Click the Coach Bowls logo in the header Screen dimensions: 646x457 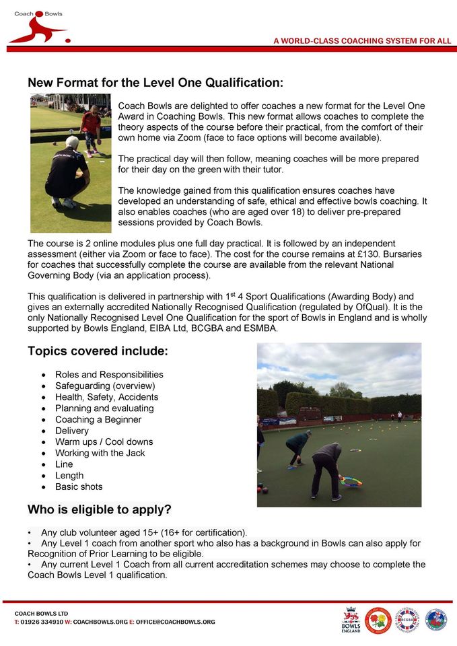click(x=38, y=27)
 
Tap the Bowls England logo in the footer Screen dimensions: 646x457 click(x=351, y=620)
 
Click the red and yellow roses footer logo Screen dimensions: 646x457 click(x=378, y=620)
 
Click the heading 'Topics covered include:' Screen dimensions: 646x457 click(x=98, y=351)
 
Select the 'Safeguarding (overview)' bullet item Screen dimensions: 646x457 click(x=105, y=386)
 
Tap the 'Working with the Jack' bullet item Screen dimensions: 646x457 click(x=100, y=453)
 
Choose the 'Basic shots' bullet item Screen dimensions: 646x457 click(x=79, y=487)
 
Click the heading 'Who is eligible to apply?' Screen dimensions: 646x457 click(x=99, y=508)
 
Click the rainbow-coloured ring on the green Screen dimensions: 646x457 click(x=350, y=480)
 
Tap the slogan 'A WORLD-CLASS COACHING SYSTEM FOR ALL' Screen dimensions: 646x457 click(x=362, y=41)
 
